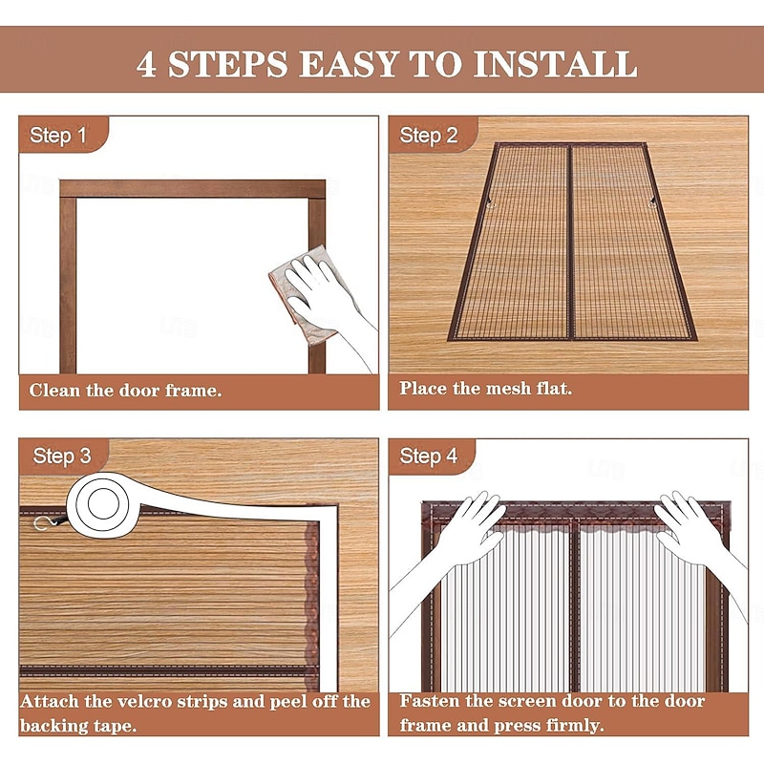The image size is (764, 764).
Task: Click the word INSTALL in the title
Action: click(x=555, y=64)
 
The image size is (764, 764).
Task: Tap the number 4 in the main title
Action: click(x=146, y=64)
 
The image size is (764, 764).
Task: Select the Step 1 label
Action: click(x=57, y=135)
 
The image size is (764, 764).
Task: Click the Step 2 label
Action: click(x=428, y=135)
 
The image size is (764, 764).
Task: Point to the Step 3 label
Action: click(x=62, y=456)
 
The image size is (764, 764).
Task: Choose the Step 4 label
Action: click(x=428, y=456)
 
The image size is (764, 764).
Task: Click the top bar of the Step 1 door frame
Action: click(x=193, y=188)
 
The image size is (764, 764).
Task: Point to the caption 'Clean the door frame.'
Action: click(x=125, y=391)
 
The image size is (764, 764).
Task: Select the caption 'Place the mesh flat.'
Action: click(x=486, y=389)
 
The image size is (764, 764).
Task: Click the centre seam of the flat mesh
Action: click(x=570, y=242)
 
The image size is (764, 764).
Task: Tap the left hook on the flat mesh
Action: click(x=491, y=203)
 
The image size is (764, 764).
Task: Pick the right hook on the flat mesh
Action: click(x=652, y=203)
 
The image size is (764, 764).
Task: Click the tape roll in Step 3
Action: click(x=103, y=504)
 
